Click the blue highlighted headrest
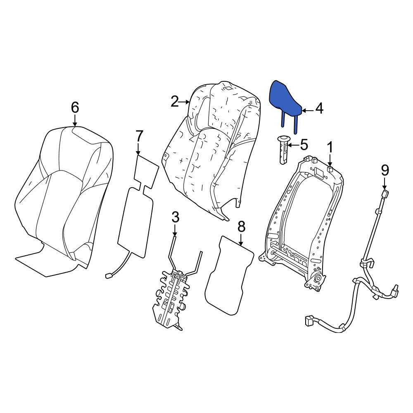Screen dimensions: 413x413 click(x=285, y=102)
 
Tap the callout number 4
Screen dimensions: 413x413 click(x=320, y=109)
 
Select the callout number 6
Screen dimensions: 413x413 click(x=75, y=107)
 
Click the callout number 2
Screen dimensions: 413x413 click(x=175, y=102)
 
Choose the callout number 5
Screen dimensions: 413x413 click(x=304, y=145)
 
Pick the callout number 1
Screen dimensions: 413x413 click(x=330, y=147)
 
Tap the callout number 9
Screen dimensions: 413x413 click(x=385, y=171)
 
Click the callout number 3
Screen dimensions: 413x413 click(x=176, y=217)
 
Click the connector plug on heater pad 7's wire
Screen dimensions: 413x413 click(x=109, y=276)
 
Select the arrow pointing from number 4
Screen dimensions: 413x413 click(x=307, y=111)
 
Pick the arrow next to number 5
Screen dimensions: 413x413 click(x=293, y=145)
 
